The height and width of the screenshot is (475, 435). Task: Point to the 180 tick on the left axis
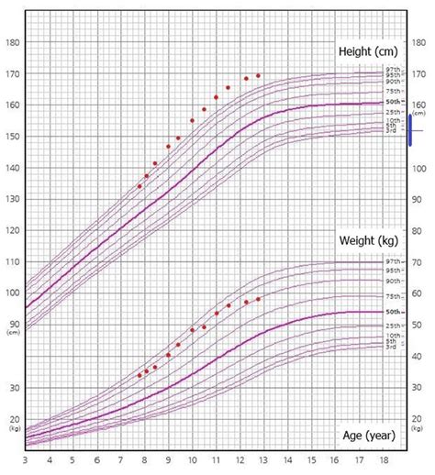click(13, 42)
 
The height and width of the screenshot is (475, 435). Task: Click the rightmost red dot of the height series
click(258, 75)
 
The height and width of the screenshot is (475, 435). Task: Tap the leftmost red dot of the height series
click(139, 186)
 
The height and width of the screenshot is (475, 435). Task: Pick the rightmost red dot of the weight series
click(258, 299)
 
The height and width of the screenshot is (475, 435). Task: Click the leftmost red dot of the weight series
click(139, 375)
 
